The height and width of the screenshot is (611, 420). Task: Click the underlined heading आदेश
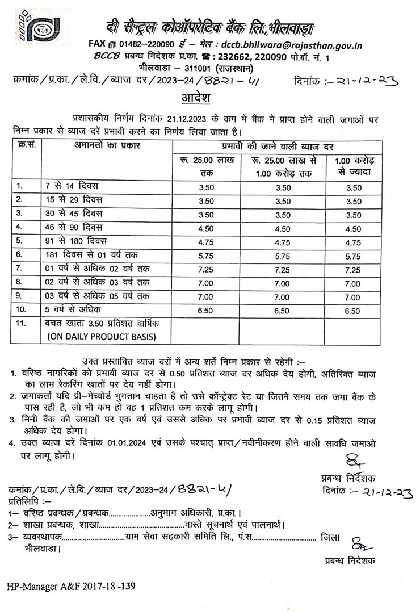click(196, 98)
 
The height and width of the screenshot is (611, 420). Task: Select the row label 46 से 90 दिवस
click(73, 228)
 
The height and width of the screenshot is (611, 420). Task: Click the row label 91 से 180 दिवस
click(75, 242)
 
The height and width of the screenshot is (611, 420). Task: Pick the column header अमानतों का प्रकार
click(107, 146)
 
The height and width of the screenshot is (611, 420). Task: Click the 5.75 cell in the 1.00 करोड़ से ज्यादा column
click(353, 256)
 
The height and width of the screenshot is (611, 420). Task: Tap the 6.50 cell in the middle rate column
click(282, 311)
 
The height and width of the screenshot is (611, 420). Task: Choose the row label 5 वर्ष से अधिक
click(73, 310)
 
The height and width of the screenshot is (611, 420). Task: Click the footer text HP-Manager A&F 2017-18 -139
click(72, 585)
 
